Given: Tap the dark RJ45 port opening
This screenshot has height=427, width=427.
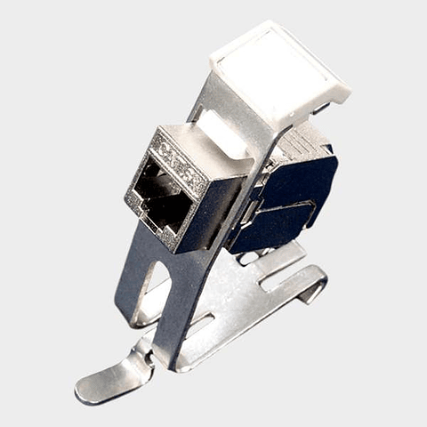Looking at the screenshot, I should coord(163,197).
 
